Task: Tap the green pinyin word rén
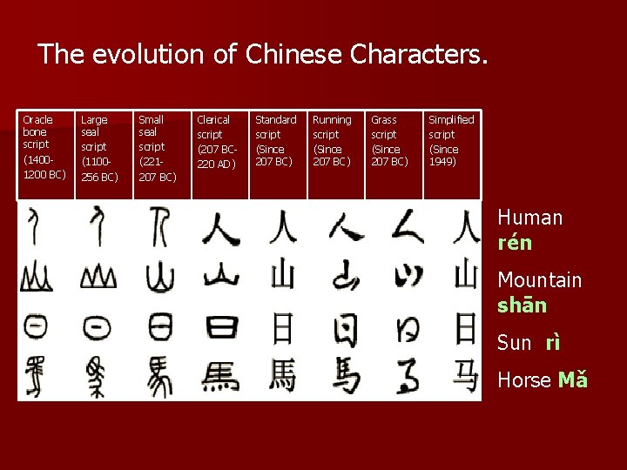tap(515, 244)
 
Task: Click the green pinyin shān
tap(522, 305)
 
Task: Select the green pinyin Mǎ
tap(573, 380)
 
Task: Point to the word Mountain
tap(539, 280)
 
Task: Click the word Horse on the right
tap(523, 380)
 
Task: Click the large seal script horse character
tap(97, 377)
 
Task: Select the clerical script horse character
tap(220, 377)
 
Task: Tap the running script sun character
tap(344, 328)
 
